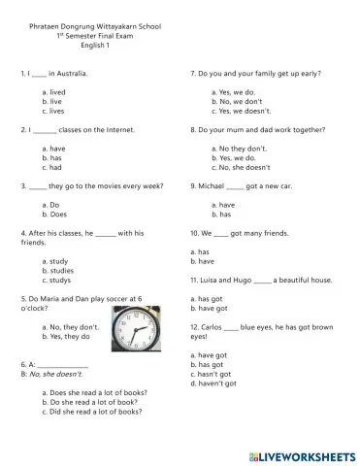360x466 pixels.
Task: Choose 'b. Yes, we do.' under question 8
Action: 237,156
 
